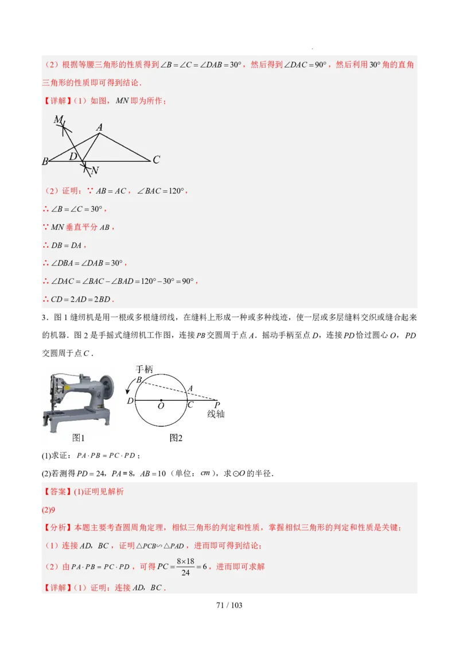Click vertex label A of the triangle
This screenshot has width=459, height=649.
(x=99, y=127)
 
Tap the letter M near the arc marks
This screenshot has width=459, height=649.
(x=58, y=119)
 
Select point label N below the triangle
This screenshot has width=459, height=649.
(x=95, y=170)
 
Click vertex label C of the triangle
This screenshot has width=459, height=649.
(x=156, y=160)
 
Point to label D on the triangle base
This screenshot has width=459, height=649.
(x=73, y=156)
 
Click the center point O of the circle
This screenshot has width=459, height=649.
(x=161, y=400)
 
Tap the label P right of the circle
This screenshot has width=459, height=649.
(x=217, y=405)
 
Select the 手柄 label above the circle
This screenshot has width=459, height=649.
(x=144, y=369)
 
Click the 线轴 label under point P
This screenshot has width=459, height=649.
(x=216, y=414)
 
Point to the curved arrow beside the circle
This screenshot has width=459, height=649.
(x=128, y=389)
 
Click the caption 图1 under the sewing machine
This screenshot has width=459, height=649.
(x=79, y=438)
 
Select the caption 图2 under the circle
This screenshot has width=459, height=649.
(x=176, y=438)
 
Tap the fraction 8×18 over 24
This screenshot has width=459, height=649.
(x=185, y=566)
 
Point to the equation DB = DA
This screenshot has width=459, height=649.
(x=67, y=245)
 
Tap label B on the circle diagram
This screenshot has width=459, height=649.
(x=138, y=380)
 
